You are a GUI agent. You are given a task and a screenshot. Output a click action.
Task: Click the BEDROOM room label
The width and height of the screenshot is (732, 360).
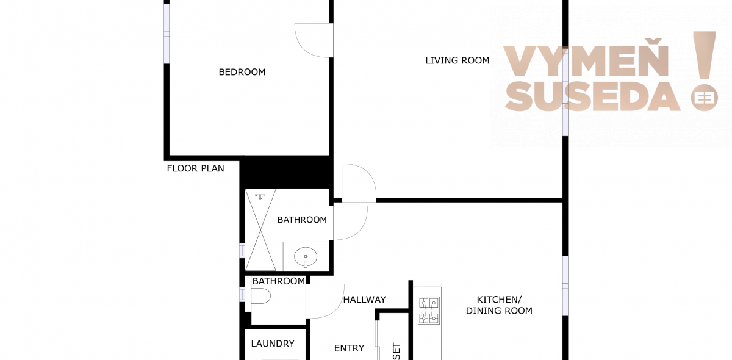point(242,72)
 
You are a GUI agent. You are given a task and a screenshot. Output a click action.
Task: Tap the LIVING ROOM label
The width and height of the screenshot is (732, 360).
point(457,60)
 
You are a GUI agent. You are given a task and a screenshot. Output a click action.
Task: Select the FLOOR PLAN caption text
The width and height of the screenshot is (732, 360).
point(195,168)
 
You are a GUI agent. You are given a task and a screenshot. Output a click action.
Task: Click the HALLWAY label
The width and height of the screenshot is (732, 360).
point(364,300)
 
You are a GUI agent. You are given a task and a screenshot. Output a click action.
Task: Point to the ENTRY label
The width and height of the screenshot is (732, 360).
point(349,348)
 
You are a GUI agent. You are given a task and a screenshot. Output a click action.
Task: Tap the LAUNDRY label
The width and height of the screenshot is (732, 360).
point(273,344)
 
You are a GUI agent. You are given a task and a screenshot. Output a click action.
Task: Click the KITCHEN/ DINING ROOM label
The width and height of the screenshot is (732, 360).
point(499,305)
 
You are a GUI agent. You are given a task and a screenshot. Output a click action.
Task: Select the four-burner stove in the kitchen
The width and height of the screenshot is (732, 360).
point(429,311)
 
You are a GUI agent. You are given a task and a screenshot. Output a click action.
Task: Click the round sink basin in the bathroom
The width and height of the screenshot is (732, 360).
point(306,257)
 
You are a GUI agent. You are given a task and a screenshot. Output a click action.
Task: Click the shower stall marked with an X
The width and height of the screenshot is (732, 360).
point(260,230)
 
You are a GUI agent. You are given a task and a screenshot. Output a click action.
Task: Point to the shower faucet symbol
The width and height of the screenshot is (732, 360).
point(260,196)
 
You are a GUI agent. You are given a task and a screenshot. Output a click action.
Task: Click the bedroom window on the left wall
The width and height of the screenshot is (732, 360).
point(167,34)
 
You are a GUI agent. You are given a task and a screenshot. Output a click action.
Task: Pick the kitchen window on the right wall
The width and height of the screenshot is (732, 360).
point(565,286)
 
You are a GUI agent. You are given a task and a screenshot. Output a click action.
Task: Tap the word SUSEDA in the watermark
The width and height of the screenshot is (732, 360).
point(592,97)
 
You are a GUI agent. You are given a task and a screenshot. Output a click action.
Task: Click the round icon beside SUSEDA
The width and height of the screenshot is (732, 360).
point(704,98)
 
